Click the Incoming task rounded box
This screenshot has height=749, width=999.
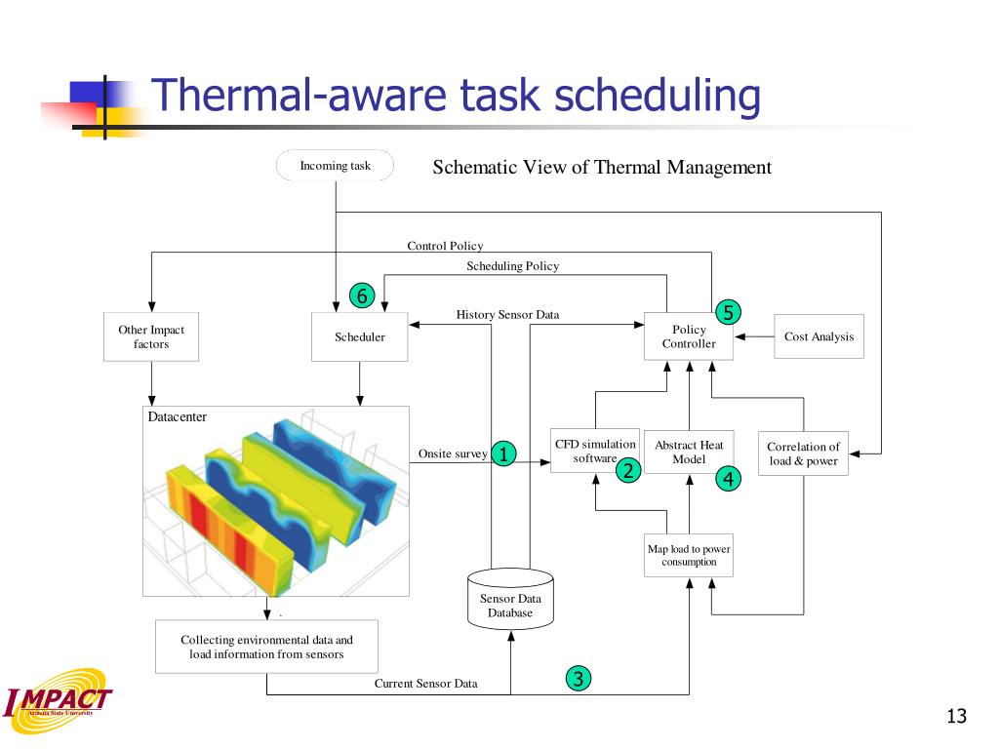click(x=335, y=166)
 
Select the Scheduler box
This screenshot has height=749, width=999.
click(x=360, y=337)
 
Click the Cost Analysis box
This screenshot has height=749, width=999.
click(x=819, y=336)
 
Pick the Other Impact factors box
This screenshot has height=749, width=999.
click(x=151, y=337)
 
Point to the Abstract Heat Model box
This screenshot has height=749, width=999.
click(x=689, y=452)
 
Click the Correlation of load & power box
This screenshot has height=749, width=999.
click(x=803, y=453)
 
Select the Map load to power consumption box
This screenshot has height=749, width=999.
click(x=689, y=555)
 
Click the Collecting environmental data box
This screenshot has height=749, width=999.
click(x=266, y=647)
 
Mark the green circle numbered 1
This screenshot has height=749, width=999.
click(x=503, y=453)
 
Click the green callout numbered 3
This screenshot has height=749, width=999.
click(x=579, y=679)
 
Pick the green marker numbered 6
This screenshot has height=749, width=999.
click(x=361, y=296)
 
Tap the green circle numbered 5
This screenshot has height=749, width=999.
click(x=728, y=312)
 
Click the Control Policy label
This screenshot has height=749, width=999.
click(x=445, y=246)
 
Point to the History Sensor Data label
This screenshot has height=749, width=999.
click(x=507, y=315)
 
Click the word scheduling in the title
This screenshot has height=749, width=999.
click(x=658, y=98)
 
